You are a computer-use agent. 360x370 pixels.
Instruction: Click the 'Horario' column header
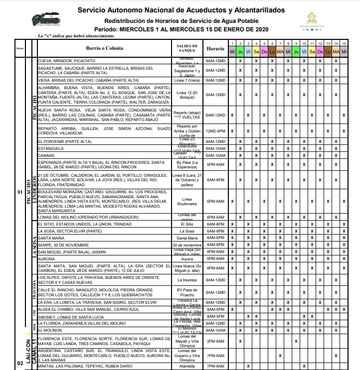215,49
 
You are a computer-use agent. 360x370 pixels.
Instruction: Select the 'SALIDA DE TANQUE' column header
187,48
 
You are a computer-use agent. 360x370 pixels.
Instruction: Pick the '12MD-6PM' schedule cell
215,131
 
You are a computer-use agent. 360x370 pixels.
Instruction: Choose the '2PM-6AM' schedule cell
215,341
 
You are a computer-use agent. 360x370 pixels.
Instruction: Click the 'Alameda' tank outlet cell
187,366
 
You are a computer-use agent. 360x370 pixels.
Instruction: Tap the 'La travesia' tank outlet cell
187,280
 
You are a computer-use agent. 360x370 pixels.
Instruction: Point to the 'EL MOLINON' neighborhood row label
50,330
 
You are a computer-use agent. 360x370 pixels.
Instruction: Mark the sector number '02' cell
19,363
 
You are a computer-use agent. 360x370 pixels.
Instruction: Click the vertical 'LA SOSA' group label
34,246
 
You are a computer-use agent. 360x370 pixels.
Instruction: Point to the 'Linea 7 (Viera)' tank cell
187,80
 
